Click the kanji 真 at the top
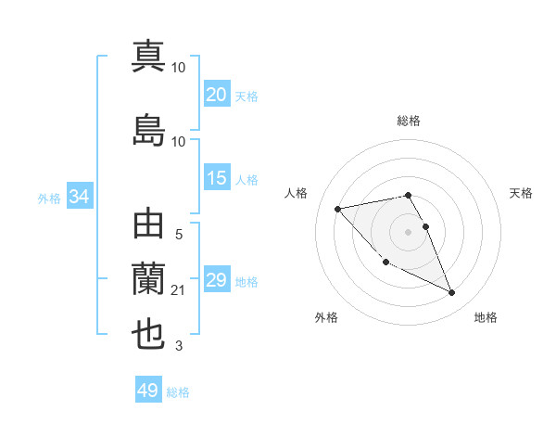[x=148, y=56]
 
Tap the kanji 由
[x=148, y=225]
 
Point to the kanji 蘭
[x=148, y=278]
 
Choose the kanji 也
[x=148, y=334]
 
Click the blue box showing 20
[x=217, y=95]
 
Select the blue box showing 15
[x=217, y=178]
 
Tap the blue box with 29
[x=217, y=280]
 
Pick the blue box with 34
[x=79, y=197]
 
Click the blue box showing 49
[x=147, y=391]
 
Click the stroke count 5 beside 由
[x=179, y=236]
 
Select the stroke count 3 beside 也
[x=179, y=347]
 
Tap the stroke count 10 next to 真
[x=179, y=67]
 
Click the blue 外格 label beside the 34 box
[x=48, y=198]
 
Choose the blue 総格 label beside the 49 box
[x=178, y=392]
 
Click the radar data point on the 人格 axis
[x=337, y=209]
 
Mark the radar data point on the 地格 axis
[x=451, y=293]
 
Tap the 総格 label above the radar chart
[x=408, y=121]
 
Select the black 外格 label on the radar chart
[x=326, y=317]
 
